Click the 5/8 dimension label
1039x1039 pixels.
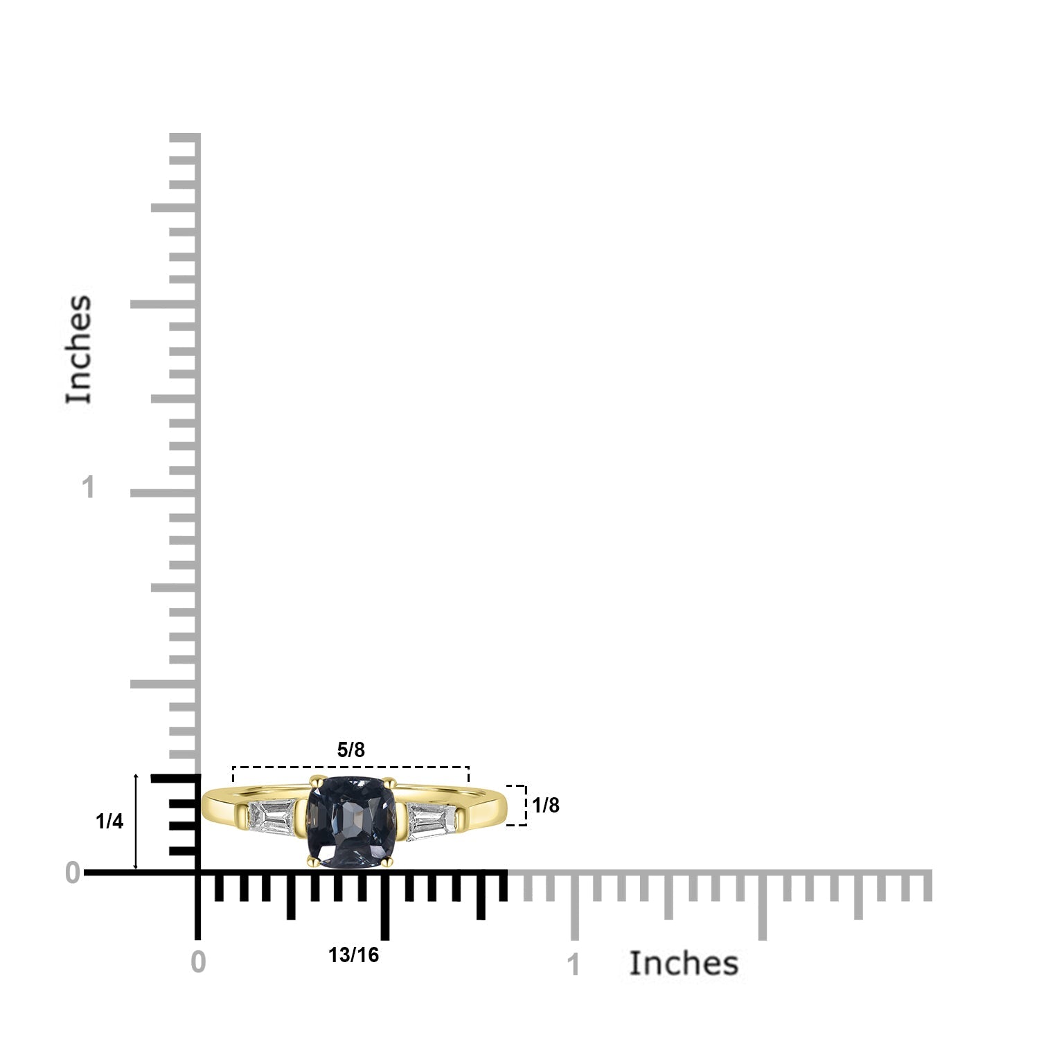(x=350, y=749)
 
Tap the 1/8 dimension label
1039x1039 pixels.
(x=545, y=805)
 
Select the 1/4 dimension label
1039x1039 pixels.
(x=109, y=822)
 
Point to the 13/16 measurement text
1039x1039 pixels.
(x=353, y=955)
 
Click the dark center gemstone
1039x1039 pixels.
(x=351, y=822)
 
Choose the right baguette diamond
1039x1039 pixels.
(x=431, y=821)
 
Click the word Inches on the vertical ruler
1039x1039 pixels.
(x=78, y=349)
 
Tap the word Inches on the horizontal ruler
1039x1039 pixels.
(x=683, y=963)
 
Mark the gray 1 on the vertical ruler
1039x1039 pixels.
(x=87, y=488)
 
